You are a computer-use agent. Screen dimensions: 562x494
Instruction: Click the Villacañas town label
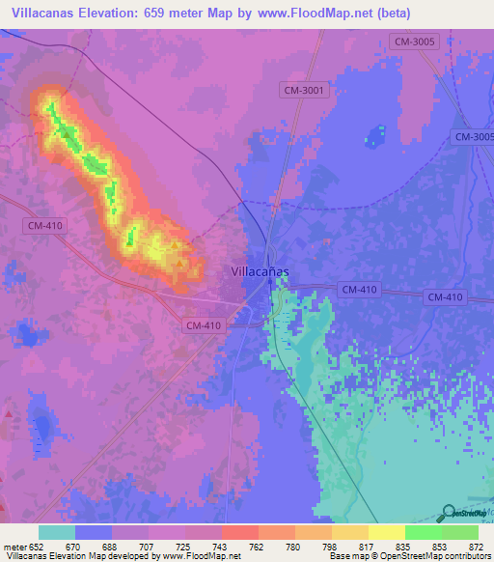260,272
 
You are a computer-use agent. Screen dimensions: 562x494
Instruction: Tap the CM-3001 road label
306,90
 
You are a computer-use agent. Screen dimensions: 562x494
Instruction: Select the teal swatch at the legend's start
57,532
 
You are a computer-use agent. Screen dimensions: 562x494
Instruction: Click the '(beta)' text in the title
394,14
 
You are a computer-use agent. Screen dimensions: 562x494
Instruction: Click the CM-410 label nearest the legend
203,325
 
